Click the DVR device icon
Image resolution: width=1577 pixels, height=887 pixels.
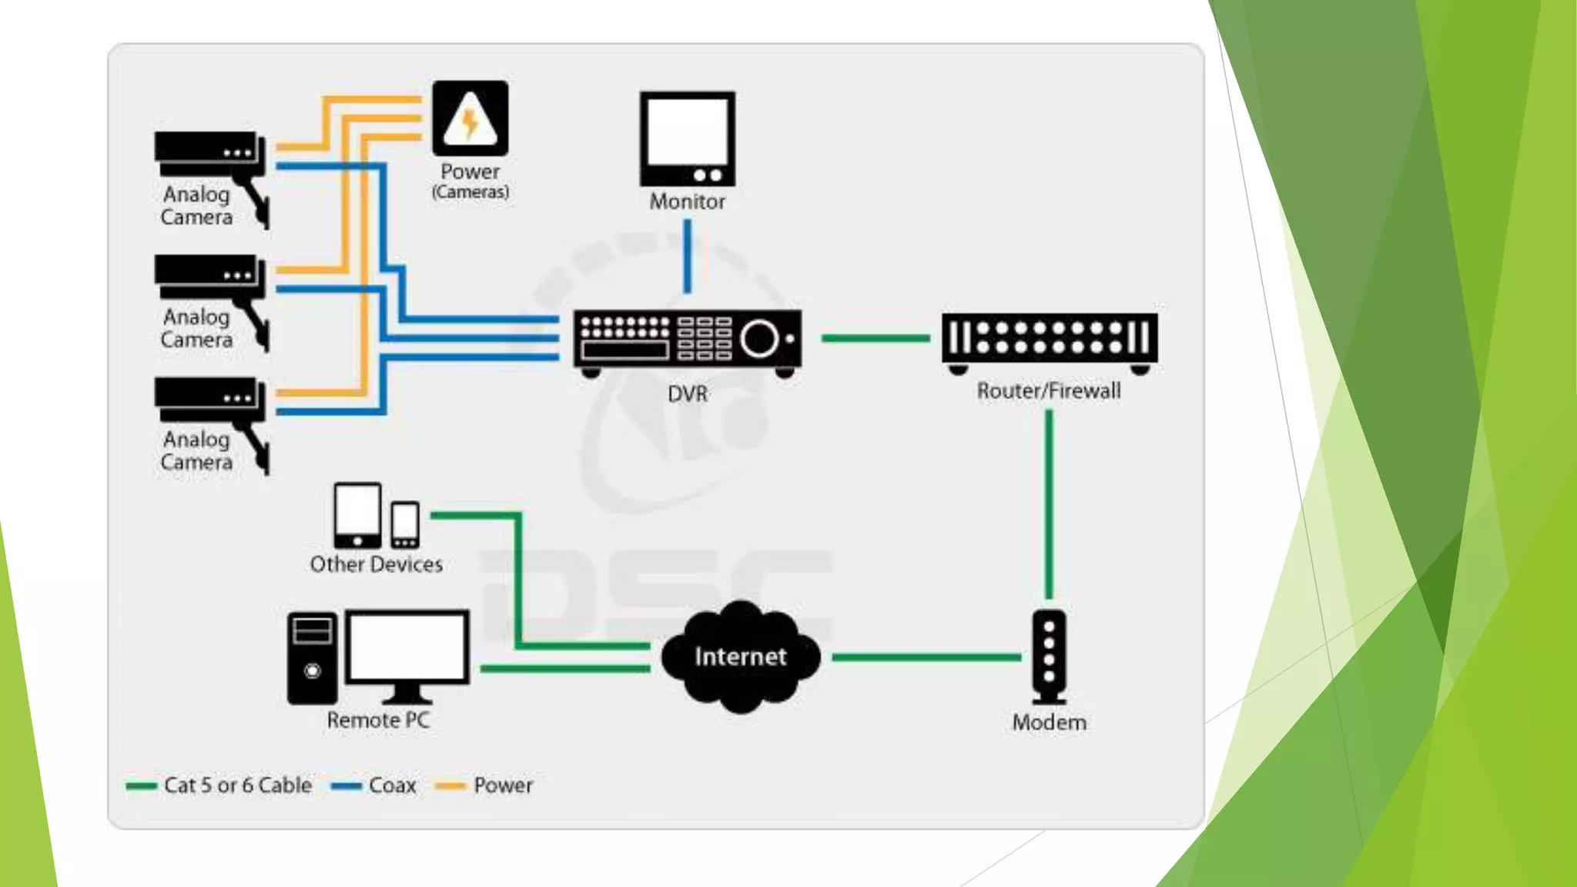tap(687, 340)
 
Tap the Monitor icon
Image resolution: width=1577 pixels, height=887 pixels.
tap(687, 139)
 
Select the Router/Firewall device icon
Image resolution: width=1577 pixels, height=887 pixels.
tap(1049, 340)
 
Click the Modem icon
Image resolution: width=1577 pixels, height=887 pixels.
tap(1049, 657)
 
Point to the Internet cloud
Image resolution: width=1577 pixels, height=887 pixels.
tap(740, 656)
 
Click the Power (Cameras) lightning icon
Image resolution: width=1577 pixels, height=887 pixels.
tap(470, 119)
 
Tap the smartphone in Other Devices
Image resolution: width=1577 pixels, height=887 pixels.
tap(405, 524)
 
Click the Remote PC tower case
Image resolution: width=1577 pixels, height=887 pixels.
tap(312, 658)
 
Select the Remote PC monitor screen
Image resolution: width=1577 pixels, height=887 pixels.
tap(407, 647)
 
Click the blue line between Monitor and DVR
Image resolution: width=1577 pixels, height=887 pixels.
tap(687, 256)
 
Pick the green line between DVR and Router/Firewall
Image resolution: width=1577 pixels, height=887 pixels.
tap(876, 338)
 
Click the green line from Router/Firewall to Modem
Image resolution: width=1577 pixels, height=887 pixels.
tap(1049, 504)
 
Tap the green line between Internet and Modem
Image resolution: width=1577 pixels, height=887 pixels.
tap(926, 657)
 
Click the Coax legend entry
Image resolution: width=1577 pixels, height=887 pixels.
tap(375, 785)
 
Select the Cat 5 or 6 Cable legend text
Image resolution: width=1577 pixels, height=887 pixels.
tap(237, 785)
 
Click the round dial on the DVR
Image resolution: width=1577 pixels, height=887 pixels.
tap(759, 339)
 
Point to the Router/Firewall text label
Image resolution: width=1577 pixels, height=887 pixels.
tap(1049, 391)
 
